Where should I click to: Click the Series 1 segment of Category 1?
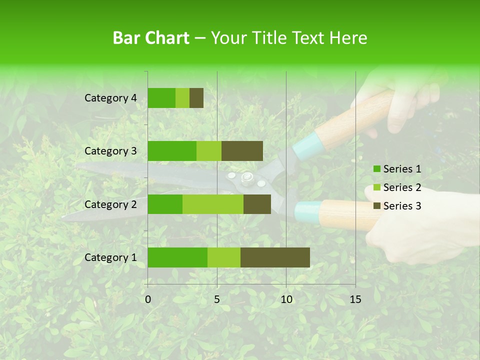click(177, 257)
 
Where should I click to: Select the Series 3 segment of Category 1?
click(275, 257)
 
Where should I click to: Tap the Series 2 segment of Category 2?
click(212, 204)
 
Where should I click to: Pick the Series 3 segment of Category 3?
click(242, 151)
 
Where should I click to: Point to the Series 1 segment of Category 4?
click(161, 98)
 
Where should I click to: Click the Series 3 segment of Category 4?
click(196, 98)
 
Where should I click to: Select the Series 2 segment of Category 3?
click(209, 151)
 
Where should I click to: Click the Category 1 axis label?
click(110, 257)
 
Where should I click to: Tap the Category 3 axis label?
click(110, 151)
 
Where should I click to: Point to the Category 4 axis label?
click(110, 98)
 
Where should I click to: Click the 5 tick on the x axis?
click(217, 299)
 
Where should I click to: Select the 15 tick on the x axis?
click(355, 299)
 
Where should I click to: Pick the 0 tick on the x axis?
click(148, 299)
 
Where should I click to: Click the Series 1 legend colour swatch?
click(377, 169)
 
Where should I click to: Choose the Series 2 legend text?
click(402, 187)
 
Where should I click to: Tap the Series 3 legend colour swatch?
click(377, 206)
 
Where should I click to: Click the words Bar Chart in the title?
click(151, 37)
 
